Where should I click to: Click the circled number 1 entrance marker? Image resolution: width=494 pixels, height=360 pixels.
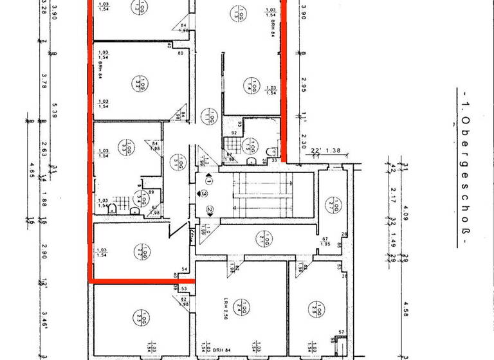[208, 182]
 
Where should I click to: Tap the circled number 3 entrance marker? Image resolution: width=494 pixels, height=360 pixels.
[204, 193]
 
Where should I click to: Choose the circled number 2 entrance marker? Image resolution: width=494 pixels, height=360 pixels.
[210, 209]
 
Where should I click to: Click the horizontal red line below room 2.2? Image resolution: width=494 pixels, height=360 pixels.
[142, 281]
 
